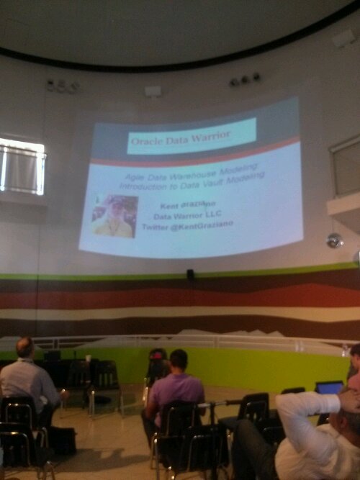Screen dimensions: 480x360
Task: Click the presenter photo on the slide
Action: [114, 216]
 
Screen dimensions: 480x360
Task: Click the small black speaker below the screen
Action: [190, 274]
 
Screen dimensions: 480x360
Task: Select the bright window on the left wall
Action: [22, 166]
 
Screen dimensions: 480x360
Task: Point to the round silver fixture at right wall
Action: [334, 240]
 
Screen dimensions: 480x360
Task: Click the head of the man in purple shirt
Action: [178, 360]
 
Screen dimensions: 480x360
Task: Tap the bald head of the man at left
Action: [24, 348]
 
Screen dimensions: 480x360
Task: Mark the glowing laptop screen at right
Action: [330, 388]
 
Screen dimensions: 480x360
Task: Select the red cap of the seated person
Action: [158, 354]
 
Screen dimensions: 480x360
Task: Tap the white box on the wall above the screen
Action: [153, 91]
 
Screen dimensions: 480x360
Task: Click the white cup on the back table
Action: [88, 358]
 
